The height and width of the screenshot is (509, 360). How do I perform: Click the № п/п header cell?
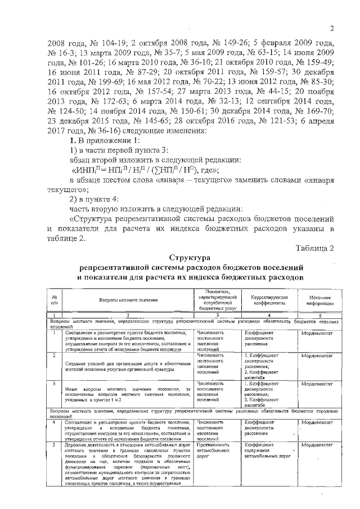[55, 300]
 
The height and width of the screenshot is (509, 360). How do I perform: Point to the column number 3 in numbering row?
[217, 315]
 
